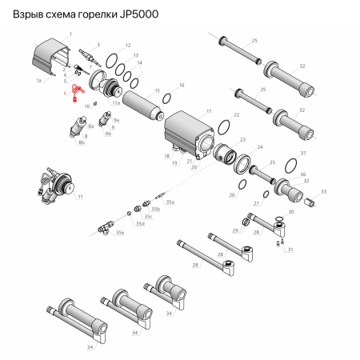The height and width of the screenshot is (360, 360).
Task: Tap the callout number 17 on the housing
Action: pyautogui.click(x=209, y=111)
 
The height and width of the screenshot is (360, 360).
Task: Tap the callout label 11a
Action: pyautogui.click(x=116, y=103)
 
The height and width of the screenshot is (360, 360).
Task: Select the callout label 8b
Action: pyautogui.click(x=82, y=143)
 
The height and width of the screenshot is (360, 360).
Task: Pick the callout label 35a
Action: pyautogui.click(x=169, y=202)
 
